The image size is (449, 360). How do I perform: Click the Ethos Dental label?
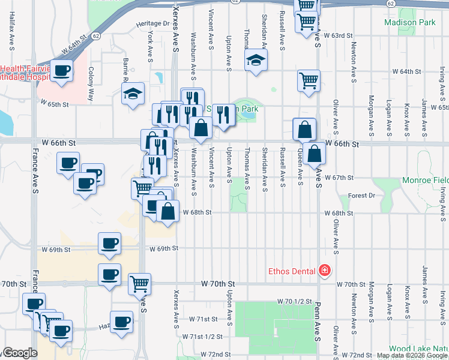(292, 271)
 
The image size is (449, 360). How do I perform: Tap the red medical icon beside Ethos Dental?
(325, 271)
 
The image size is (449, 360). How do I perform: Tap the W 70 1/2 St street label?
(295, 301)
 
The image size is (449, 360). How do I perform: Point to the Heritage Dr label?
(152, 23)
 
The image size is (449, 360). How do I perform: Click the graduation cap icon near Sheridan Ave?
(256, 60)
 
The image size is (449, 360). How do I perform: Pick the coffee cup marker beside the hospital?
(61, 71)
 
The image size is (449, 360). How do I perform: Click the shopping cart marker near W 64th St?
(309, 80)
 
